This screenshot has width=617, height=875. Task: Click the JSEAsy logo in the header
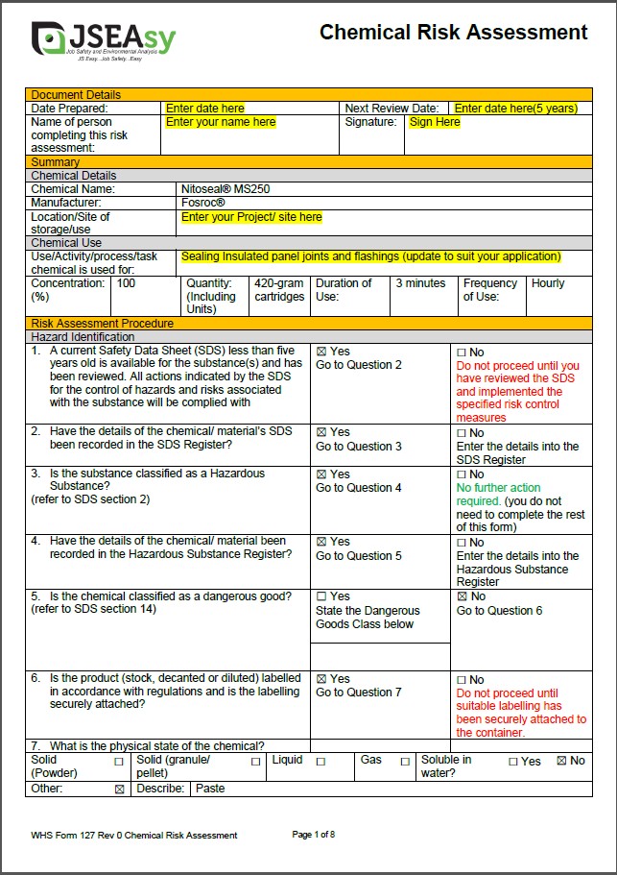[103, 40]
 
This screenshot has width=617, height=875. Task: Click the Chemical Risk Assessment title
[453, 33]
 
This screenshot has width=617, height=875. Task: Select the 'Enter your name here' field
[221, 123]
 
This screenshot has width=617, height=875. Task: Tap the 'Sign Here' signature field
[435, 123]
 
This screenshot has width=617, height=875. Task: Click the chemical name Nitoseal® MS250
[225, 189]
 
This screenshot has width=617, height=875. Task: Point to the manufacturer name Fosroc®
[203, 203]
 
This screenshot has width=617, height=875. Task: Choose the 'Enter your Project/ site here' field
[251, 217]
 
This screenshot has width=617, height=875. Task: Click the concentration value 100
[126, 283]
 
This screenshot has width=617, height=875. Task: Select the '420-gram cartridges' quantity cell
[279, 290]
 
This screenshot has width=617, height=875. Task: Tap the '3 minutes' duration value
[420, 283]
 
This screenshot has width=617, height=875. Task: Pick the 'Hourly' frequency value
[548, 283]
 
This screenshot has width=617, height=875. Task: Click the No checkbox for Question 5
[462, 596]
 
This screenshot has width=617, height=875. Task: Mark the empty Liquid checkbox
[320, 761]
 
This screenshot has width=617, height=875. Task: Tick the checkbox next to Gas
[405, 761]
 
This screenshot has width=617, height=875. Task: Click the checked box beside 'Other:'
[119, 789]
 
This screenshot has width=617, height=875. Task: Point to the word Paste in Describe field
[211, 789]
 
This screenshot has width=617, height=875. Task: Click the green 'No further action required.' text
[498, 494]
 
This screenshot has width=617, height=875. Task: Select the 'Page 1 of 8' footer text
[313, 835]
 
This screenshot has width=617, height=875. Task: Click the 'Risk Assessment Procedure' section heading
[103, 324]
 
